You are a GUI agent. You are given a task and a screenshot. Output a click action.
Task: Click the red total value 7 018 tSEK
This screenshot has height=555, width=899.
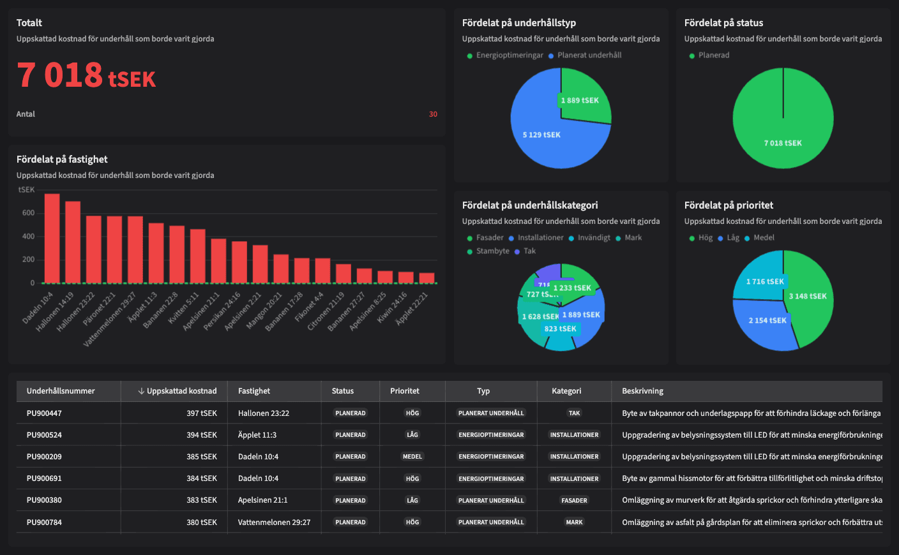coord(86,75)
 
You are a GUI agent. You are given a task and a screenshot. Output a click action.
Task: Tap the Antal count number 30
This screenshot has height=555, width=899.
coord(433,114)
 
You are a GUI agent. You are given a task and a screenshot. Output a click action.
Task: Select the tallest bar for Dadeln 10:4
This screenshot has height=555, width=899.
coord(52,238)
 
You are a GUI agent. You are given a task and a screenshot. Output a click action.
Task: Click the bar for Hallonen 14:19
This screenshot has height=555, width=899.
coord(73,242)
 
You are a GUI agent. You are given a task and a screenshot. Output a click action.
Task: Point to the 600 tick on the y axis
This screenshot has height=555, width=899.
coord(28,213)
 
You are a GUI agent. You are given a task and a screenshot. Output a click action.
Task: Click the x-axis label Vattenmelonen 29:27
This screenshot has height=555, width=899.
coord(110,319)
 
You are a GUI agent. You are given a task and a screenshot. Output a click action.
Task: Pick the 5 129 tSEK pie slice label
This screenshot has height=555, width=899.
coord(541,135)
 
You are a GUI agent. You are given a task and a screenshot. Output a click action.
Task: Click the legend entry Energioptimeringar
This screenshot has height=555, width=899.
coord(509,56)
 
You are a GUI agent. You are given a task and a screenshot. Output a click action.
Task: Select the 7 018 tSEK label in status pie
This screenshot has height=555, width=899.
coord(783,143)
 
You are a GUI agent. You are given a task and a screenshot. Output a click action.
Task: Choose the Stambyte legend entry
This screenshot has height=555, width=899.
coord(492,251)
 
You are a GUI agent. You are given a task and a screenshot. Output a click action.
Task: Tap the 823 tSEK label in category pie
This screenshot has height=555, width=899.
coord(560,329)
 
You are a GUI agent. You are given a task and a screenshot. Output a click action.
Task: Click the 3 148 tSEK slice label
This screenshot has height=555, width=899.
coord(807,296)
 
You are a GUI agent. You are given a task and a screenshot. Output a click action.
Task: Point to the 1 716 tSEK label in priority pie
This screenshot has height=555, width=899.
coord(765,281)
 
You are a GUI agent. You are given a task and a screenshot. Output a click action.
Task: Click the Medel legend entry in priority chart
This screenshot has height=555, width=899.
coord(763,238)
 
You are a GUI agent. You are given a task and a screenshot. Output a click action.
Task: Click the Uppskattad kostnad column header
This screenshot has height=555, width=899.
coord(181,391)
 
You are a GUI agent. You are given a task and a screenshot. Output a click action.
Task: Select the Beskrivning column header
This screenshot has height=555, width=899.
coord(642,391)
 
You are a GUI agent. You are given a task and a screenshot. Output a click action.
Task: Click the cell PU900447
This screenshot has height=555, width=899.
coord(44,413)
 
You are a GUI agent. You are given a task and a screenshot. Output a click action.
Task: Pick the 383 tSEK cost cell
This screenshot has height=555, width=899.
coord(202,500)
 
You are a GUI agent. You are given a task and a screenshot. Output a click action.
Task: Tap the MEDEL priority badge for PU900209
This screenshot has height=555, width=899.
coord(412,457)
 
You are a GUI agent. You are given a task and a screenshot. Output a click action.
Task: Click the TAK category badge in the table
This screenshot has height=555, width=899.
coord(574,413)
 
